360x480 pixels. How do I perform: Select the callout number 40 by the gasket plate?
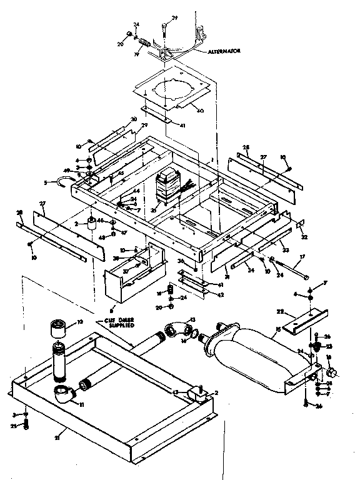[x=201, y=112]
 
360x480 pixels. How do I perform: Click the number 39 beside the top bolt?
[x=175, y=17]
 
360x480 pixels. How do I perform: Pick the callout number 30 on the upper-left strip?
[x=133, y=119]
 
